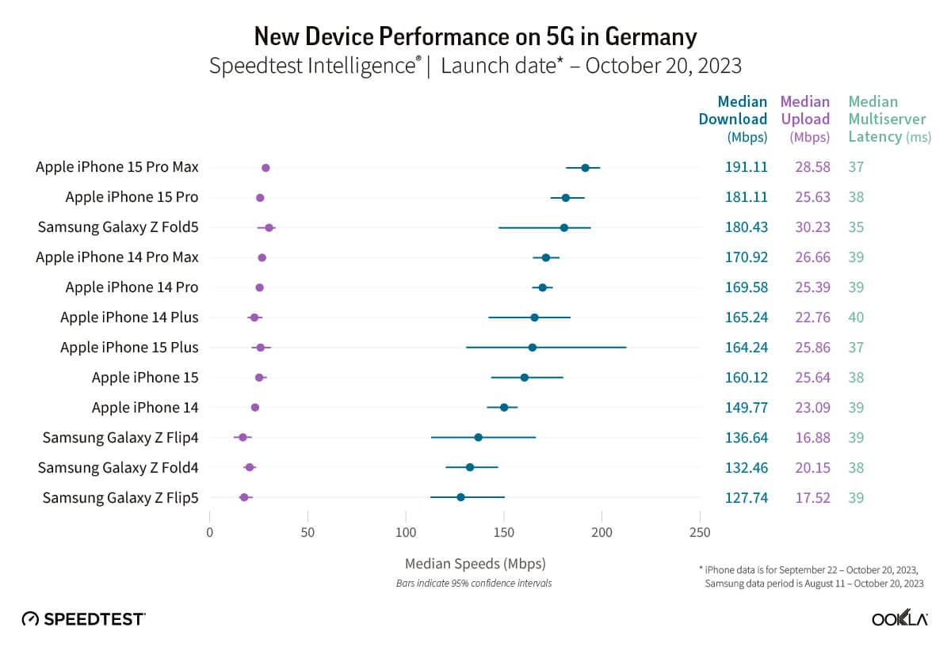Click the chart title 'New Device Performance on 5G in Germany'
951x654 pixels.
point(475,36)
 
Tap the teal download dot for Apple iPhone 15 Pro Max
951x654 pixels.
point(585,168)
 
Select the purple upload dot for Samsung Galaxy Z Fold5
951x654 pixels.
point(269,228)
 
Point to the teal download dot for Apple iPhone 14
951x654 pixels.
point(504,408)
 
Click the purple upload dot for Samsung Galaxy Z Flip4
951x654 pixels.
point(243,437)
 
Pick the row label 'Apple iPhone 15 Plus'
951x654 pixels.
point(129,348)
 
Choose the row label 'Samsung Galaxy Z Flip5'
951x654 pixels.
point(120,498)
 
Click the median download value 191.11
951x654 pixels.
point(746,167)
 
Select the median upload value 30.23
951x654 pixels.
point(812,227)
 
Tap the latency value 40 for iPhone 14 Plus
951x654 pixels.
point(856,317)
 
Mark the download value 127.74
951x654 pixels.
point(746,498)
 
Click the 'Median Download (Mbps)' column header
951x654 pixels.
point(733,119)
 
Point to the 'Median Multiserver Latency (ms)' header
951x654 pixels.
point(880,119)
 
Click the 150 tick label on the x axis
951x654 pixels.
point(504,533)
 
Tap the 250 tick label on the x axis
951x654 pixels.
point(700,533)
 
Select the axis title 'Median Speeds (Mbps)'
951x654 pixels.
point(475,565)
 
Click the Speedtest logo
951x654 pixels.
point(83,618)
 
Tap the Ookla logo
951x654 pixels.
point(899,618)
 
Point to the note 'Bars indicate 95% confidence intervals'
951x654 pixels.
point(474,584)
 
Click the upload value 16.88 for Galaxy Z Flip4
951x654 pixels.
point(812,438)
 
